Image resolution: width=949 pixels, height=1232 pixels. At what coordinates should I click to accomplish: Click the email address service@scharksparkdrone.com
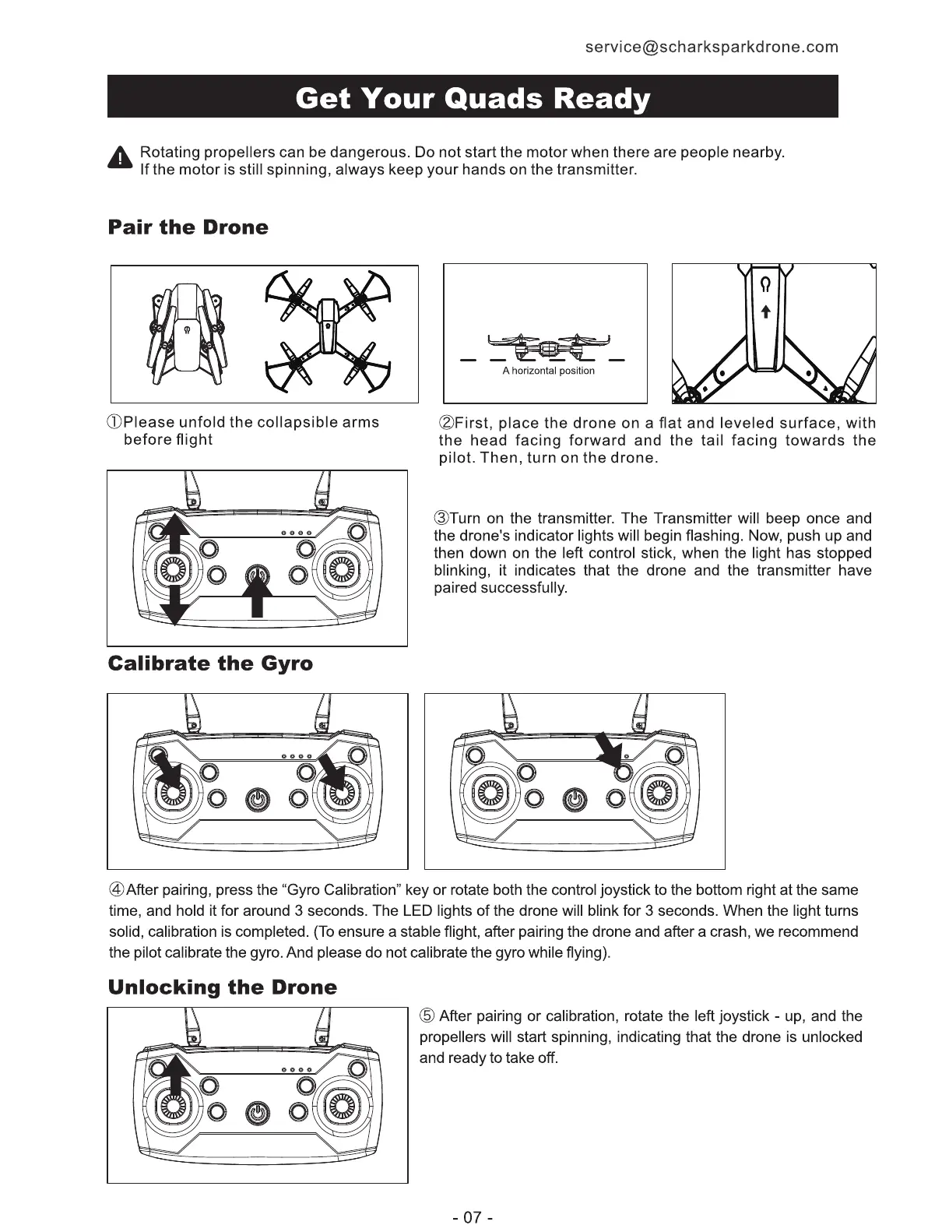(712, 47)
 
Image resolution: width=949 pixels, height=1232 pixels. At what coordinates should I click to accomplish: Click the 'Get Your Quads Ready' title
(473, 98)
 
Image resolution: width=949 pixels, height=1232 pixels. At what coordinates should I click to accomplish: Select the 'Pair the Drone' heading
(188, 227)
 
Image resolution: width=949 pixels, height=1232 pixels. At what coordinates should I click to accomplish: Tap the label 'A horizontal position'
(548, 371)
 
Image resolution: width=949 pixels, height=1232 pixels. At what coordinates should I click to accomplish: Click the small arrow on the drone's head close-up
(765, 312)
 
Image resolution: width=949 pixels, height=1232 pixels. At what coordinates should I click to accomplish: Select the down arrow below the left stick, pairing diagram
(176, 604)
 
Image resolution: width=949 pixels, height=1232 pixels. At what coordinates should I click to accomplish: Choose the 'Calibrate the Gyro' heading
(210, 664)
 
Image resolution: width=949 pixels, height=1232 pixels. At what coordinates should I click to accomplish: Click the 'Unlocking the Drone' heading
(223, 987)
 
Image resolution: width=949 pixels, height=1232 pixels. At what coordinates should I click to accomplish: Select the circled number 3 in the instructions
(440, 519)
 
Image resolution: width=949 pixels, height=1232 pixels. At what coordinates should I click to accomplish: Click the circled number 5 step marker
(427, 1016)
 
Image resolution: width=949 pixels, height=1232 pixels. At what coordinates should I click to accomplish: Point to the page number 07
(473, 1216)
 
